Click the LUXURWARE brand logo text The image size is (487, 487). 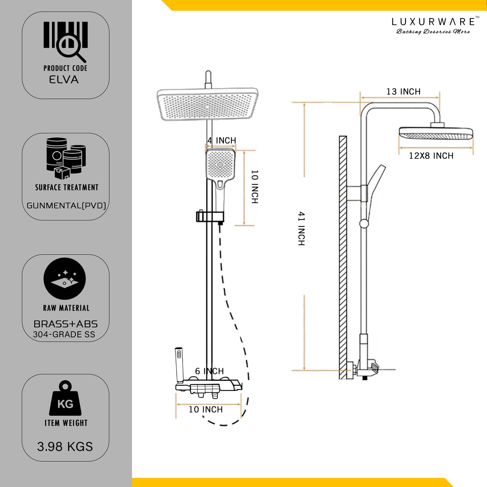point(433,22)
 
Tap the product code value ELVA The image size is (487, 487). point(64,80)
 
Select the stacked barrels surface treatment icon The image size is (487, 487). point(66,158)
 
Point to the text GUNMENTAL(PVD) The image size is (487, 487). point(66,206)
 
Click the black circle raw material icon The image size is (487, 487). point(65,279)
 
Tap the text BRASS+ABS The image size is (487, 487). point(66,324)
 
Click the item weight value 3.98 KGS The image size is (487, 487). point(65,447)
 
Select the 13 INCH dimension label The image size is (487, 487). point(403,92)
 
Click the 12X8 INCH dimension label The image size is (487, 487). point(431,156)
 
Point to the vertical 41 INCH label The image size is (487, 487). point(302,229)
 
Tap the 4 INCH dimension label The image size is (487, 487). point(222,140)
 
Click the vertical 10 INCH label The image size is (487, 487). point(255,187)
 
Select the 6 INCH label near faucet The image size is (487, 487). point(209,371)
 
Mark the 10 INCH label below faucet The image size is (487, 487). point(206,409)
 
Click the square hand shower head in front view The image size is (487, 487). point(220,165)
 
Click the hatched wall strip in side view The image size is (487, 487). point(343,257)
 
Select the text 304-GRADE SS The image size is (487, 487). point(64,335)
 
